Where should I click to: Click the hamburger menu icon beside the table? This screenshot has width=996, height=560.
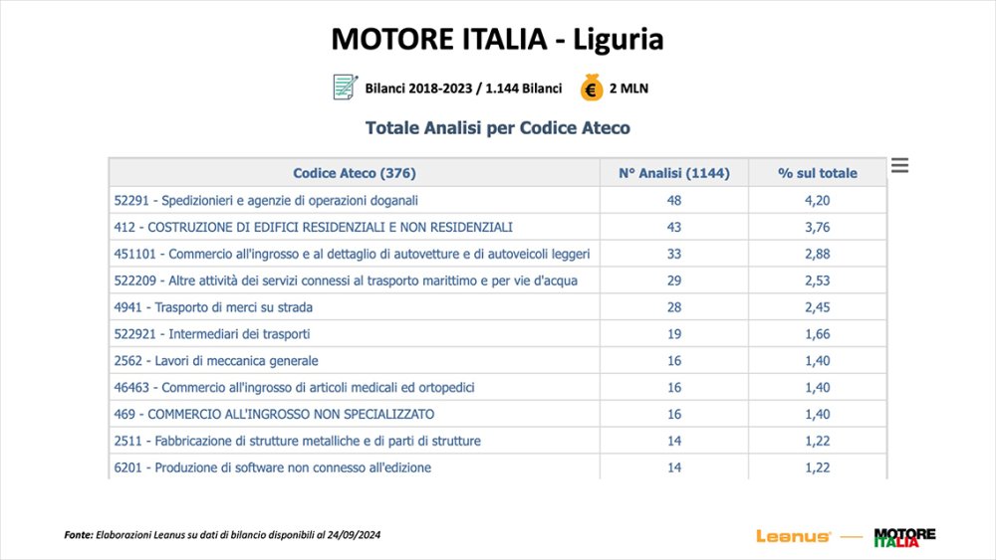(x=899, y=166)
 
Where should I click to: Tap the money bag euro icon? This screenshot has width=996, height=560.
(x=592, y=88)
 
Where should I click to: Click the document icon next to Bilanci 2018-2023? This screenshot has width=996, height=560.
(x=345, y=88)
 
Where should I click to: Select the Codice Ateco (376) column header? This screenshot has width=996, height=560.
(x=355, y=173)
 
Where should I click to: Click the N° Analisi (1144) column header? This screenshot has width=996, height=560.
(x=674, y=173)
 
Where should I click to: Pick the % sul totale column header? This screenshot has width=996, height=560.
(x=817, y=173)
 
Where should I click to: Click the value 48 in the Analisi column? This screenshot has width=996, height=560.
(x=674, y=200)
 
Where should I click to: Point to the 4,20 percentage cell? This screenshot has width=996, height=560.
(x=817, y=200)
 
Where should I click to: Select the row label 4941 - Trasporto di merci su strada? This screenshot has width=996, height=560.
(x=213, y=307)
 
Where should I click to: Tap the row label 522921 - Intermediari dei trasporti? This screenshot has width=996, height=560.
(x=212, y=334)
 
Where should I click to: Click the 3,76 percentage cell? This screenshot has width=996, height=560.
(x=817, y=227)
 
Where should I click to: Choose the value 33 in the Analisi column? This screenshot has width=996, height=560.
(x=674, y=254)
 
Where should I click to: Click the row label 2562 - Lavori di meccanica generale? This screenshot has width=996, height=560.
(x=216, y=360)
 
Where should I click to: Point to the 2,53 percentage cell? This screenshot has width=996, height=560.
(x=817, y=280)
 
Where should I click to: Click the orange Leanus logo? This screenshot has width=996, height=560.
(x=794, y=536)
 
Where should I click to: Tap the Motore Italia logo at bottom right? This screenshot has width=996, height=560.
(x=904, y=537)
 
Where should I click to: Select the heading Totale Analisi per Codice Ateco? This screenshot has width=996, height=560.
(x=498, y=128)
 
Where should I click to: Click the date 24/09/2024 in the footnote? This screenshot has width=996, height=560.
(x=351, y=535)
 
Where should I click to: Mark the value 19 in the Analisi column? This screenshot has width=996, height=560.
(x=674, y=334)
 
